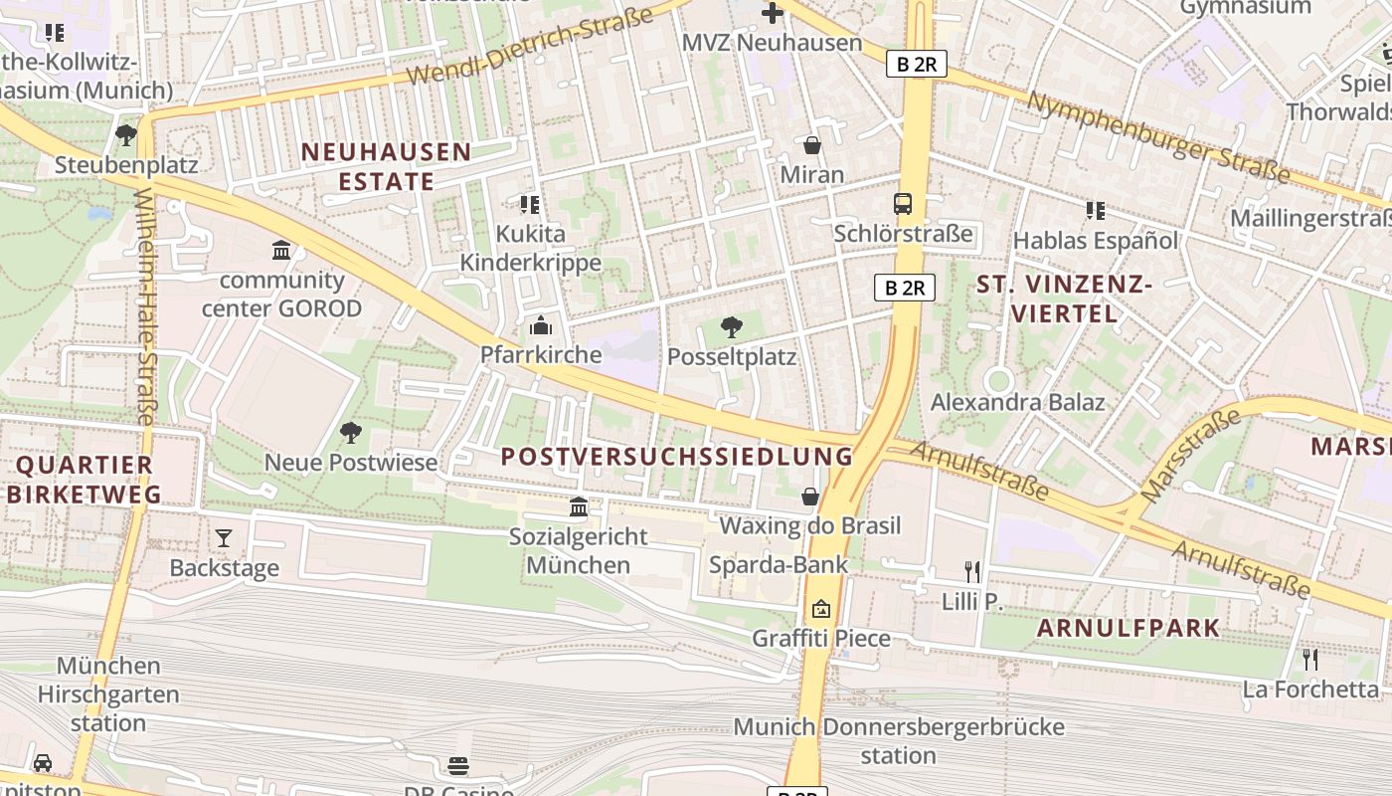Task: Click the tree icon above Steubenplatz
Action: coord(125,134)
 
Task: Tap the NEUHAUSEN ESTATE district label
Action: coord(386,166)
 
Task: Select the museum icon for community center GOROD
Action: coord(281,250)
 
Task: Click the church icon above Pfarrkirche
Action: coord(541,325)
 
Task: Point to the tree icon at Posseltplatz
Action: coord(732,326)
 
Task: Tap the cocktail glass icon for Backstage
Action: coord(224,538)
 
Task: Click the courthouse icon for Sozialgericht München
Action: coord(579,507)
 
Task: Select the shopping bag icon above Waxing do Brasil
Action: coord(810,497)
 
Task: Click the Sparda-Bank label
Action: coord(779,565)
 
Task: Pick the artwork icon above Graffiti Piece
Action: coord(820,609)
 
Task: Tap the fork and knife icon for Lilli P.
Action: coord(972,571)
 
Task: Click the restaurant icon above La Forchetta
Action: coord(1310,660)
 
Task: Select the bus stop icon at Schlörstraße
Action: coord(903,204)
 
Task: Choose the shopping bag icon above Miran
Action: coord(812,145)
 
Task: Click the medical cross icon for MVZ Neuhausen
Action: coord(773,13)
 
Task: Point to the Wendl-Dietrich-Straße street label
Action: coord(530,47)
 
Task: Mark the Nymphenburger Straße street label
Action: coord(1158,138)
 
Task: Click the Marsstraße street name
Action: coord(1191,455)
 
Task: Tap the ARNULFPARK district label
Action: coord(1129,628)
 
